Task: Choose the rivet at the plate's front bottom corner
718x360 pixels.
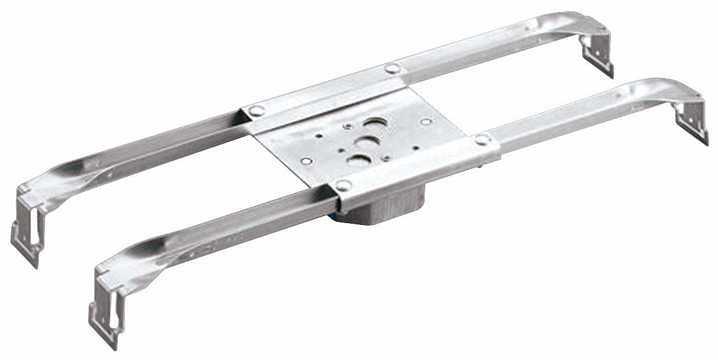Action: click(343, 185)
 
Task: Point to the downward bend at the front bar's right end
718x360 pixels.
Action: click(687, 95)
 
